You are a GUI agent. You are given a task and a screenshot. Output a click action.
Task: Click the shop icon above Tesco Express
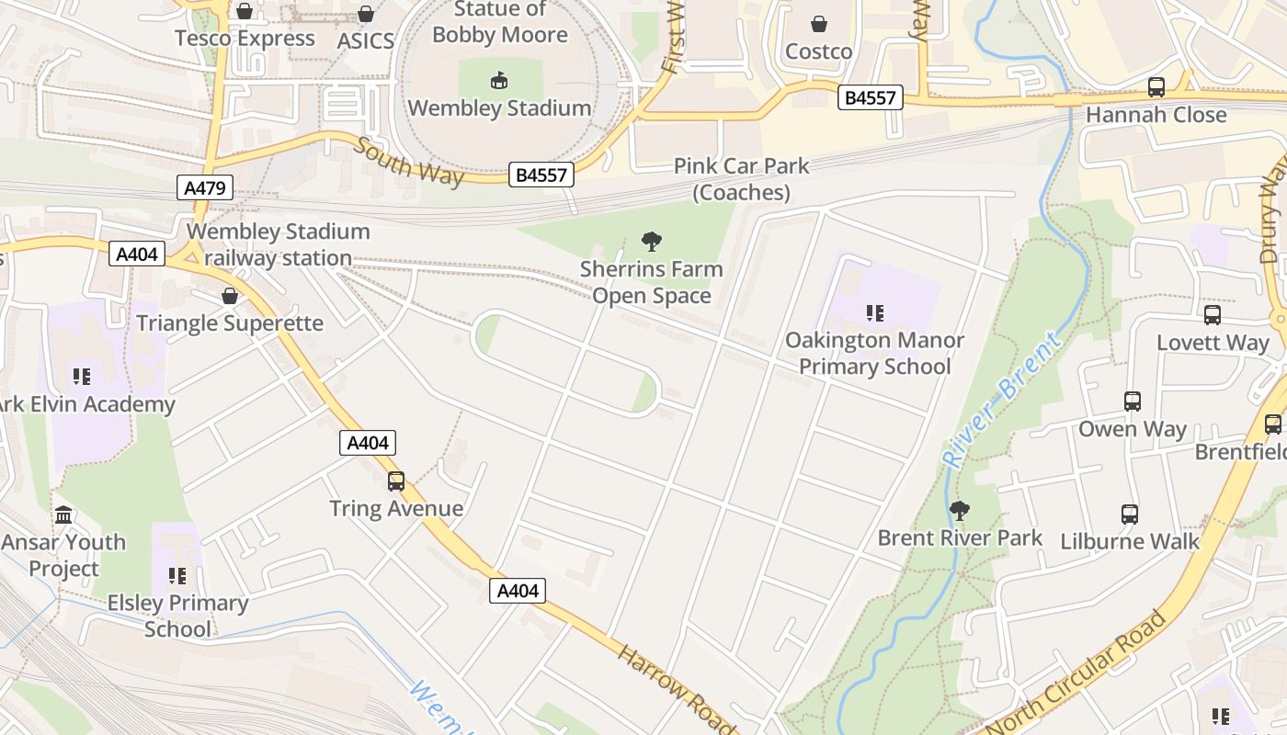245,11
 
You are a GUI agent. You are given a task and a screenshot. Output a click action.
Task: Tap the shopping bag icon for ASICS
366,14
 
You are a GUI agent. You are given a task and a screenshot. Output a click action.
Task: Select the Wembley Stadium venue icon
499,81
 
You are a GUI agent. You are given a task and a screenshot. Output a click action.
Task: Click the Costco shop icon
818,24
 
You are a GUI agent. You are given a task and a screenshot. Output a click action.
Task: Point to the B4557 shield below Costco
870,97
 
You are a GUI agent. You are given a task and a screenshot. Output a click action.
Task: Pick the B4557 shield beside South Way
541,175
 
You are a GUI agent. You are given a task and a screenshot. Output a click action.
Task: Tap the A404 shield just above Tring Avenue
368,443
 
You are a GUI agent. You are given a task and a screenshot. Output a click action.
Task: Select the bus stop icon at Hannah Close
1156,87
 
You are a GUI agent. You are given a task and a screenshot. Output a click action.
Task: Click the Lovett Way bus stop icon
1213,315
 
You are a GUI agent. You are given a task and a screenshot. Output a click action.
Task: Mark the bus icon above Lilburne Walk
1130,514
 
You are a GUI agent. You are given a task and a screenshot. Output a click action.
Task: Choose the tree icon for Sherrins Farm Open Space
652,243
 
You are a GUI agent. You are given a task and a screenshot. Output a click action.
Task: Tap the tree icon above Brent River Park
960,511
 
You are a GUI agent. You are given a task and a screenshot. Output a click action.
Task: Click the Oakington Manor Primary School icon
874,313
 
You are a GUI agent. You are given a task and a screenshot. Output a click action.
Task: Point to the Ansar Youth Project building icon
63,514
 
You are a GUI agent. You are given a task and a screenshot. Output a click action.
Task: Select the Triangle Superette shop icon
230,296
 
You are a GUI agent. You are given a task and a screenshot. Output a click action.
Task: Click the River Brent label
1001,401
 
